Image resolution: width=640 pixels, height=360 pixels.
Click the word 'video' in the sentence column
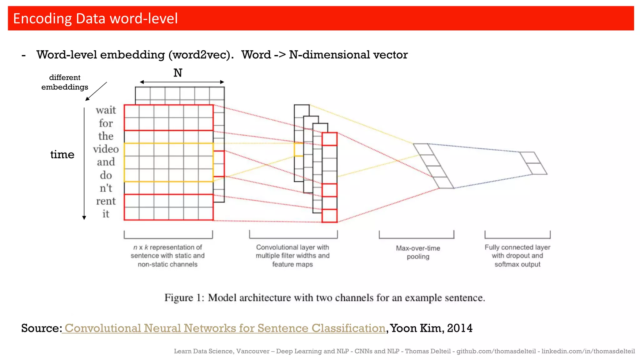(106, 149)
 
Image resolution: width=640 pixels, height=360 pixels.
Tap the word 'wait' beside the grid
(106, 110)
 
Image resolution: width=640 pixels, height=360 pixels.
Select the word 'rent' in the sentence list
(106, 201)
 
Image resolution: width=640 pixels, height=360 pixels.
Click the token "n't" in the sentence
(106, 188)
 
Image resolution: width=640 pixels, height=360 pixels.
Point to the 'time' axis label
(62, 154)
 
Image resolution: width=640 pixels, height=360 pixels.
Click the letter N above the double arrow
(178, 73)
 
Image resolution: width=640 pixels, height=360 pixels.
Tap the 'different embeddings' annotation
(65, 82)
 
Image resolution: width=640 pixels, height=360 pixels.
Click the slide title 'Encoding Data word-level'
(95, 18)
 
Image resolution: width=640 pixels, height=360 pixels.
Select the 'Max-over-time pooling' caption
(418, 252)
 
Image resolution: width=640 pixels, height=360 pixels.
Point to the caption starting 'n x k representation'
(167, 255)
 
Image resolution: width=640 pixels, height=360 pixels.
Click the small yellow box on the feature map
(298, 150)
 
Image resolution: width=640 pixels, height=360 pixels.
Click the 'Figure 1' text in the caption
(184, 298)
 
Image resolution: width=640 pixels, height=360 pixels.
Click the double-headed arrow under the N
(182, 82)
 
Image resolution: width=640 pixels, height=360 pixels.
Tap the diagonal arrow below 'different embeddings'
(96, 91)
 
